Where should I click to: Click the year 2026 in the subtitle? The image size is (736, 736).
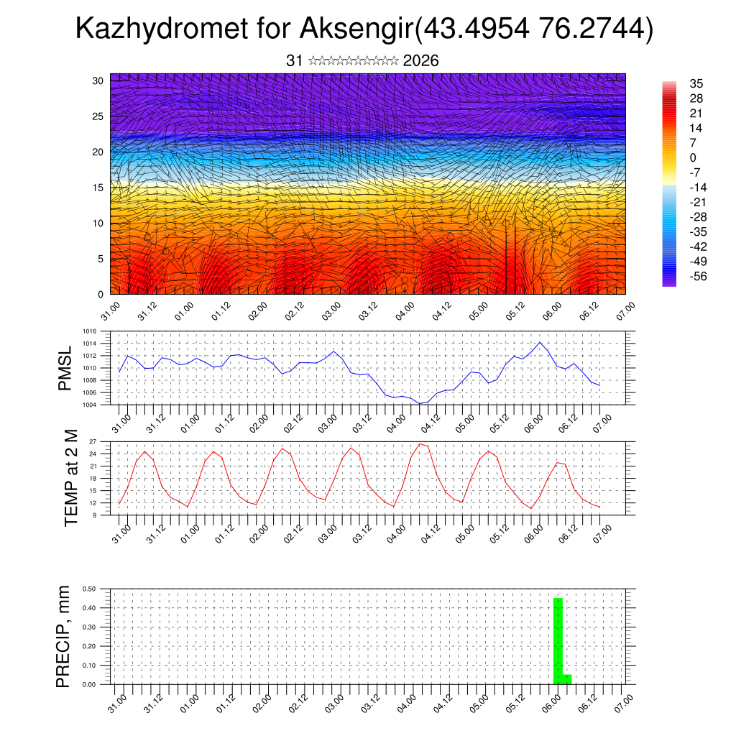tap(421, 61)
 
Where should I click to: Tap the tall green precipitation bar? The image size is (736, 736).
tap(558, 640)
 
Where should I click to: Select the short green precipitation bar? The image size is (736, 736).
tap(568, 679)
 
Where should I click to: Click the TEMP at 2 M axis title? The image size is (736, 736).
tap(71, 478)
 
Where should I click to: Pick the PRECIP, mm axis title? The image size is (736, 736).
tap(64, 636)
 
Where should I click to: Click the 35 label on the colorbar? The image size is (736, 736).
tap(696, 83)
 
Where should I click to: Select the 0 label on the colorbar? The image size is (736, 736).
tap(693, 157)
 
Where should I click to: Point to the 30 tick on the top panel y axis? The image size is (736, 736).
tap(98, 80)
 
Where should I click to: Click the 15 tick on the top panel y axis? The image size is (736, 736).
tap(98, 187)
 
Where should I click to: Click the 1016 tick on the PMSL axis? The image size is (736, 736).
tap(89, 331)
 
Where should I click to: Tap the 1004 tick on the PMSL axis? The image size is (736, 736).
tap(89, 405)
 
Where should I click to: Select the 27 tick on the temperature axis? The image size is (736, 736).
tap(93, 441)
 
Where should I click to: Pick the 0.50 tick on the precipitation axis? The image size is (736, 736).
tap(90, 589)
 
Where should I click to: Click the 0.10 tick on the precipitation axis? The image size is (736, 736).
tap(90, 666)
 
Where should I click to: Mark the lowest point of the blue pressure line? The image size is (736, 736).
tap(420, 403)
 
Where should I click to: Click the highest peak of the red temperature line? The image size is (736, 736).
tap(420, 443)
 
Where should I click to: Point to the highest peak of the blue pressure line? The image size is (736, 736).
tap(540, 342)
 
